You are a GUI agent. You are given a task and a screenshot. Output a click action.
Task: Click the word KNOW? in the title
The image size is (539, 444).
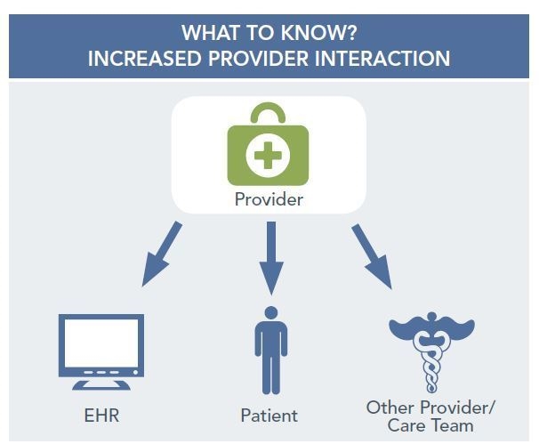pyautogui.click(x=318, y=33)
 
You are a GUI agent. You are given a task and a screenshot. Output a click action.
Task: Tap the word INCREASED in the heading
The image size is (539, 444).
pyautogui.click(x=144, y=58)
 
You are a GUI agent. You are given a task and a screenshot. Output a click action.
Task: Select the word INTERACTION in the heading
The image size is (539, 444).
pyautogui.click(x=382, y=58)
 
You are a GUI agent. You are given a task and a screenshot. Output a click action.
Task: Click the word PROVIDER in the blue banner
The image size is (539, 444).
pyautogui.click(x=258, y=58)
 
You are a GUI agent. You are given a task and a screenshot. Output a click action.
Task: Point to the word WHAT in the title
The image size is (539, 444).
pyautogui.click(x=211, y=33)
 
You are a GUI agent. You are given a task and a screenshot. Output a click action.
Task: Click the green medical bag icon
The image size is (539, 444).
pyautogui.click(x=268, y=144)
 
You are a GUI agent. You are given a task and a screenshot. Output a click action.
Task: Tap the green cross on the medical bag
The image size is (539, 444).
pyautogui.click(x=268, y=155)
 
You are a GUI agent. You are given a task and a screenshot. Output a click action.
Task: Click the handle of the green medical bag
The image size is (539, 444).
pyautogui.click(x=268, y=113)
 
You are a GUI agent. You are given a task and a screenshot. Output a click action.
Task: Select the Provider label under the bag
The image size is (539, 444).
pyautogui.click(x=269, y=199)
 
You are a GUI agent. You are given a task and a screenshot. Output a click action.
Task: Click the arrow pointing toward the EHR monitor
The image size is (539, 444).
pyautogui.click(x=162, y=254)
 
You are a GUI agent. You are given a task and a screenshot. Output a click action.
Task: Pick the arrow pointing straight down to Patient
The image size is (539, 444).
pyautogui.click(x=271, y=258)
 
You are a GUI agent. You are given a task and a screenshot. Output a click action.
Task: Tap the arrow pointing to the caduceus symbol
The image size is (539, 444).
pyautogui.click(x=372, y=256)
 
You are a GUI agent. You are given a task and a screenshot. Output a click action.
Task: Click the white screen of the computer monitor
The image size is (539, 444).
pyautogui.click(x=101, y=343)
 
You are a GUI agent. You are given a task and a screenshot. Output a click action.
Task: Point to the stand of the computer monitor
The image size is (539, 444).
pyautogui.click(x=101, y=384)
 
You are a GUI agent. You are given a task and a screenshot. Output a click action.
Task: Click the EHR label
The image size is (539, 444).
pyautogui.click(x=101, y=416)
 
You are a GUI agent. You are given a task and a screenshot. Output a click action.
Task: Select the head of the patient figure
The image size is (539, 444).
pyautogui.click(x=271, y=312)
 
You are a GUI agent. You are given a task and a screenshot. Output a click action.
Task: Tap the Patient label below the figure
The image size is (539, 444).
pyautogui.click(x=269, y=416)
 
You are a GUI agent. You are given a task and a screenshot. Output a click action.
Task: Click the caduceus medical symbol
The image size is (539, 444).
pyautogui.click(x=431, y=351)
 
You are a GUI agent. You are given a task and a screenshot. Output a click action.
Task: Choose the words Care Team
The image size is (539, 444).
pyautogui.click(x=430, y=425)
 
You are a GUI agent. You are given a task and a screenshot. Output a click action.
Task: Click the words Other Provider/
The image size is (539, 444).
pyautogui.click(x=430, y=408)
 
